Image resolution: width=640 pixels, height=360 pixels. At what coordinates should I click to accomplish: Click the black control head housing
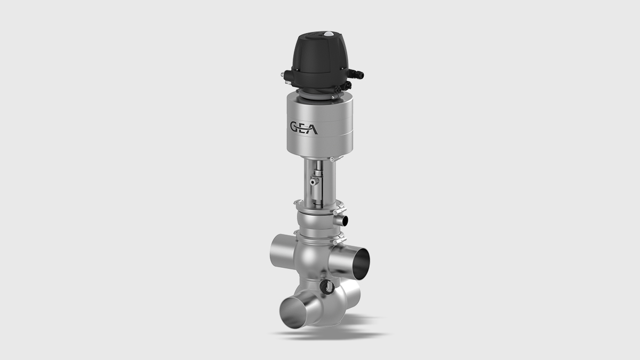tap(315, 59)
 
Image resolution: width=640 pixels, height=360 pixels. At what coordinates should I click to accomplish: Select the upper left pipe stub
tap(279, 249)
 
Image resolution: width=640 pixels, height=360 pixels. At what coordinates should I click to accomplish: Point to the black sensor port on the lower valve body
tap(324, 287)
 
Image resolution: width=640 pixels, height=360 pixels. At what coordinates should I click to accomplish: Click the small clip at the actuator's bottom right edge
tap(332, 159)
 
